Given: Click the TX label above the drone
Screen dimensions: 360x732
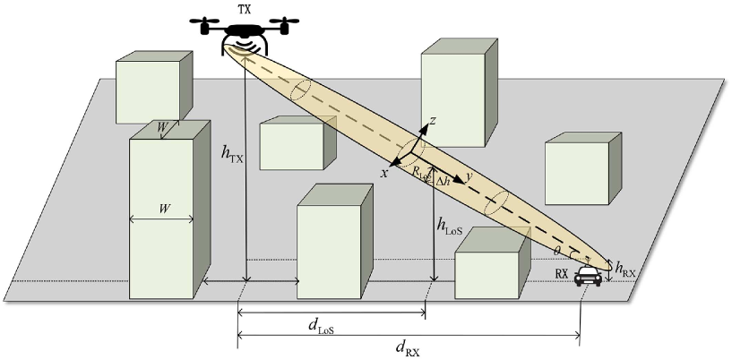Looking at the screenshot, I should point(244,9).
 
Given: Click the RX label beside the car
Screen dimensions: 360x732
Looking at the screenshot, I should point(562,272).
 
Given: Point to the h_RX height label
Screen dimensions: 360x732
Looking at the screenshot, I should point(624,266).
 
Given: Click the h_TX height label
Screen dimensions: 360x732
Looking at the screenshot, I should point(231,153).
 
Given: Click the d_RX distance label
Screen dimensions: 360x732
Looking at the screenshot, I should point(407,348).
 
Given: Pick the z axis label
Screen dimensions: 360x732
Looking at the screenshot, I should point(433,119).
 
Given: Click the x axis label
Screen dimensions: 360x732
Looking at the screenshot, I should point(384,172).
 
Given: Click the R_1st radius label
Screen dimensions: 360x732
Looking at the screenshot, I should point(418,170).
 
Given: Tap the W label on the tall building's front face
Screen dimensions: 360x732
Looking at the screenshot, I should point(165,208).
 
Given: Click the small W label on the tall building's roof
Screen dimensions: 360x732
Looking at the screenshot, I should point(162,127).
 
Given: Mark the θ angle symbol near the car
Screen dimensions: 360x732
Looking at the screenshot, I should point(556,250).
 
